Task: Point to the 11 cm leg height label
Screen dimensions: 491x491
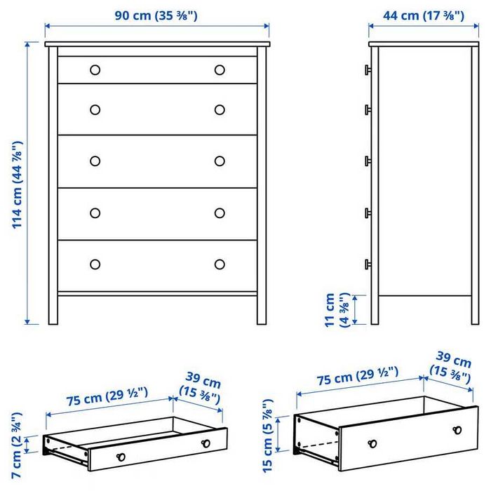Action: click(x=337, y=309)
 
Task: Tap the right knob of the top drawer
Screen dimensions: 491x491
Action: click(x=220, y=69)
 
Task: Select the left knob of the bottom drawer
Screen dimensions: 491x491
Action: click(x=95, y=264)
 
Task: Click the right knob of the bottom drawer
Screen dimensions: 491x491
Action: click(x=220, y=264)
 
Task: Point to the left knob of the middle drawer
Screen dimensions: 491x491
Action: click(x=95, y=161)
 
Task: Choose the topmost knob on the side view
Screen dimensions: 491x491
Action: click(x=366, y=69)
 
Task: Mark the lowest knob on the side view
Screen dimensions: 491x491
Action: click(x=366, y=264)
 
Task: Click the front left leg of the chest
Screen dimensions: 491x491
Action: click(x=53, y=309)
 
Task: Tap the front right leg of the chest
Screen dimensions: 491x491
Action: click(x=262, y=309)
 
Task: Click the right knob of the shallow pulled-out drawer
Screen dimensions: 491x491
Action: click(x=206, y=443)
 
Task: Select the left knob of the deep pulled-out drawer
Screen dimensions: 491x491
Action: click(x=372, y=443)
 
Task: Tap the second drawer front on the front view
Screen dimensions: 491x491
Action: click(x=157, y=109)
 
